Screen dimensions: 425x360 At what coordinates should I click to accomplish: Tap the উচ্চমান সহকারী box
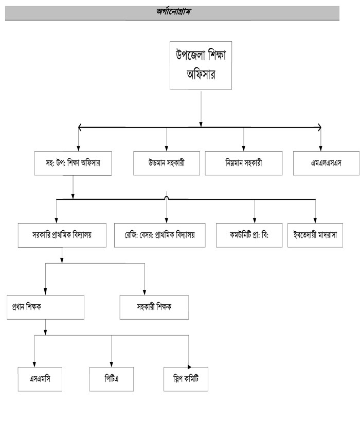click(x=167, y=164)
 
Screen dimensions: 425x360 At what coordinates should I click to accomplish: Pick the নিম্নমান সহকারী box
click(x=243, y=164)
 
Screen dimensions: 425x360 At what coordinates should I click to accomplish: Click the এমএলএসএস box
click(x=321, y=164)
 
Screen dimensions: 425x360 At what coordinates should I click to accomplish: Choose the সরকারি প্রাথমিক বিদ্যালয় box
click(x=62, y=235)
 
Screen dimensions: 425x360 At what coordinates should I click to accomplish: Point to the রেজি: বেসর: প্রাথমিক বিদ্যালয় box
click(x=159, y=235)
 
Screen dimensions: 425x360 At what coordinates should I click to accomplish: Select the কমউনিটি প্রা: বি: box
click(x=249, y=235)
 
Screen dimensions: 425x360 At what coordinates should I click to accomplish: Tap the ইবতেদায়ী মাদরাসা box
click(x=315, y=235)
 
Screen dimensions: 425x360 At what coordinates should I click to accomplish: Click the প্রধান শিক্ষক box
click(x=46, y=307)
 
